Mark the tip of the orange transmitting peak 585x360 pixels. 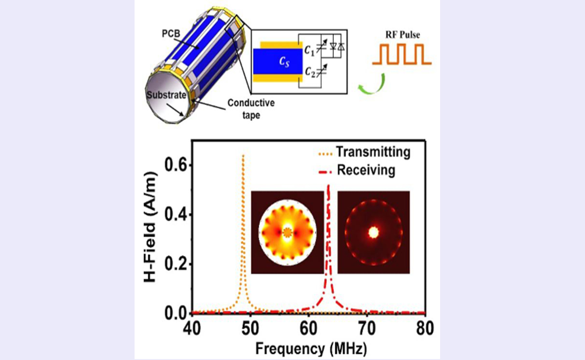tap(243, 155)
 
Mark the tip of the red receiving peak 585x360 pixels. tap(328, 184)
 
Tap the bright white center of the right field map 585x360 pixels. tap(373, 232)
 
